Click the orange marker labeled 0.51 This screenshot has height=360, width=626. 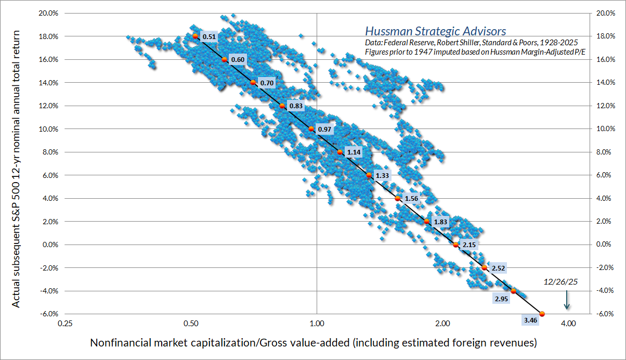click(x=195, y=36)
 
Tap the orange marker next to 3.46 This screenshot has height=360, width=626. click(x=542, y=314)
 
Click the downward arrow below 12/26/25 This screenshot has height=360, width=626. click(x=567, y=300)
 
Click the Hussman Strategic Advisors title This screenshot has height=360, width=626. click(x=435, y=31)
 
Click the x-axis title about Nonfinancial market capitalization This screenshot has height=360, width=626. click(x=314, y=343)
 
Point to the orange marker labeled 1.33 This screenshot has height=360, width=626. click(x=369, y=175)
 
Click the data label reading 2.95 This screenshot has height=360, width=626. click(x=501, y=299)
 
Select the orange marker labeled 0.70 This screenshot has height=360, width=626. click(x=253, y=83)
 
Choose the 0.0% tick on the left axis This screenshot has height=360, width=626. click(x=49, y=245)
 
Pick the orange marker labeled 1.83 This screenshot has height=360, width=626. click(x=427, y=222)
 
